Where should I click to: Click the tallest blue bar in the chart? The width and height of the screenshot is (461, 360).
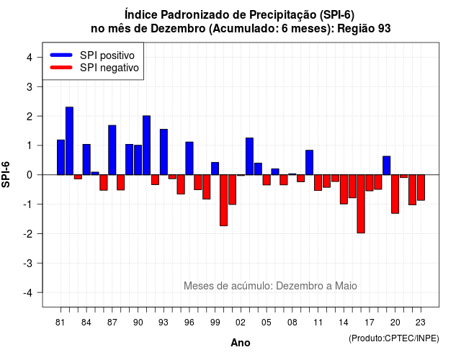coord(69,141)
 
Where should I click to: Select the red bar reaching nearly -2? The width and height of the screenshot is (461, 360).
coord(361,204)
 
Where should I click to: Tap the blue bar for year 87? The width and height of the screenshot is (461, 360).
coord(112,150)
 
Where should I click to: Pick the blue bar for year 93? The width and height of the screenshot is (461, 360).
coord(164,152)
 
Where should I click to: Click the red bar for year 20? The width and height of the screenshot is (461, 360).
coord(395,194)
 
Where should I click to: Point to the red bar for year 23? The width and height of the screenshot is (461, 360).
coord(421,187)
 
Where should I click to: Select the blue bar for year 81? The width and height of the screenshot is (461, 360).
coord(61,157)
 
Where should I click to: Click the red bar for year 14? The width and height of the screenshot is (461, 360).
coord(344,189)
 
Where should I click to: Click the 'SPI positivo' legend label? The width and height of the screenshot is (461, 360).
coord(107,55)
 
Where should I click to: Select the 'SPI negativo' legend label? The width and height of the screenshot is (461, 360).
coord(109,68)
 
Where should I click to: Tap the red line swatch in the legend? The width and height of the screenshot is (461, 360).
coord(61,68)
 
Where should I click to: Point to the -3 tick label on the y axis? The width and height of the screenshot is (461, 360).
coord(28,264)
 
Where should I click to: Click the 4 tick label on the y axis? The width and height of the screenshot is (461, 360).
coord(30,58)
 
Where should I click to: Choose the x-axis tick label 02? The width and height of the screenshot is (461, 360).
coord(240,323)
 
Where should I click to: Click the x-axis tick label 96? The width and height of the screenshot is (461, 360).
coord(189,323)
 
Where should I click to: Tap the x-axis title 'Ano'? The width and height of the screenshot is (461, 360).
coord(241,343)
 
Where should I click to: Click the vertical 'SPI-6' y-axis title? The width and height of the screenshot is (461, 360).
coord(6,174)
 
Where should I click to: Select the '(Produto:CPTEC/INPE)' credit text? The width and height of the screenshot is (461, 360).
coord(394,338)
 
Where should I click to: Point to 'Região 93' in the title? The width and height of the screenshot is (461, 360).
coord(364,29)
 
